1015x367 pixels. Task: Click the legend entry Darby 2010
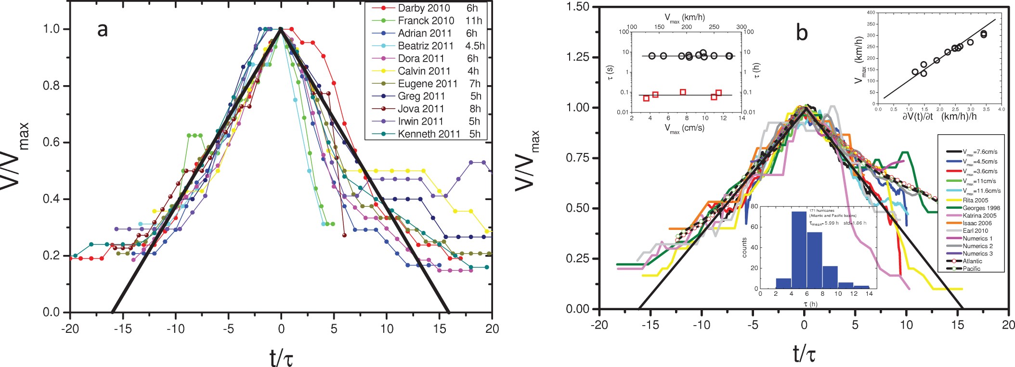pyautogui.click(x=424, y=8)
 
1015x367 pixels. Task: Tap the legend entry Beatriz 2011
pyautogui.click(x=425, y=46)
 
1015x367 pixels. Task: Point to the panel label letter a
pyautogui.click(x=102, y=30)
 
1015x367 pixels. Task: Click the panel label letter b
pyautogui.click(x=802, y=33)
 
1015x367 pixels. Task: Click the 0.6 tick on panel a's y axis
pyautogui.click(x=51, y=142)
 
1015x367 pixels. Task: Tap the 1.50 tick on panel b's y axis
pyautogui.click(x=578, y=7)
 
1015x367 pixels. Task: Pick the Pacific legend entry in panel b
pyautogui.click(x=972, y=268)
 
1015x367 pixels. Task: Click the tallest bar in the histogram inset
pyautogui.click(x=799, y=250)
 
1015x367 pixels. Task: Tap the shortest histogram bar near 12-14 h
pyautogui.click(x=861, y=287)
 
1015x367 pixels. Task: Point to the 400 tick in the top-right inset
pyautogui.click(x=871, y=13)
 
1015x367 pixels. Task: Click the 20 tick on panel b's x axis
pyautogui.click(x=1008, y=325)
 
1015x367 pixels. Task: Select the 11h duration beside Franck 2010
pyautogui.click(x=473, y=21)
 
